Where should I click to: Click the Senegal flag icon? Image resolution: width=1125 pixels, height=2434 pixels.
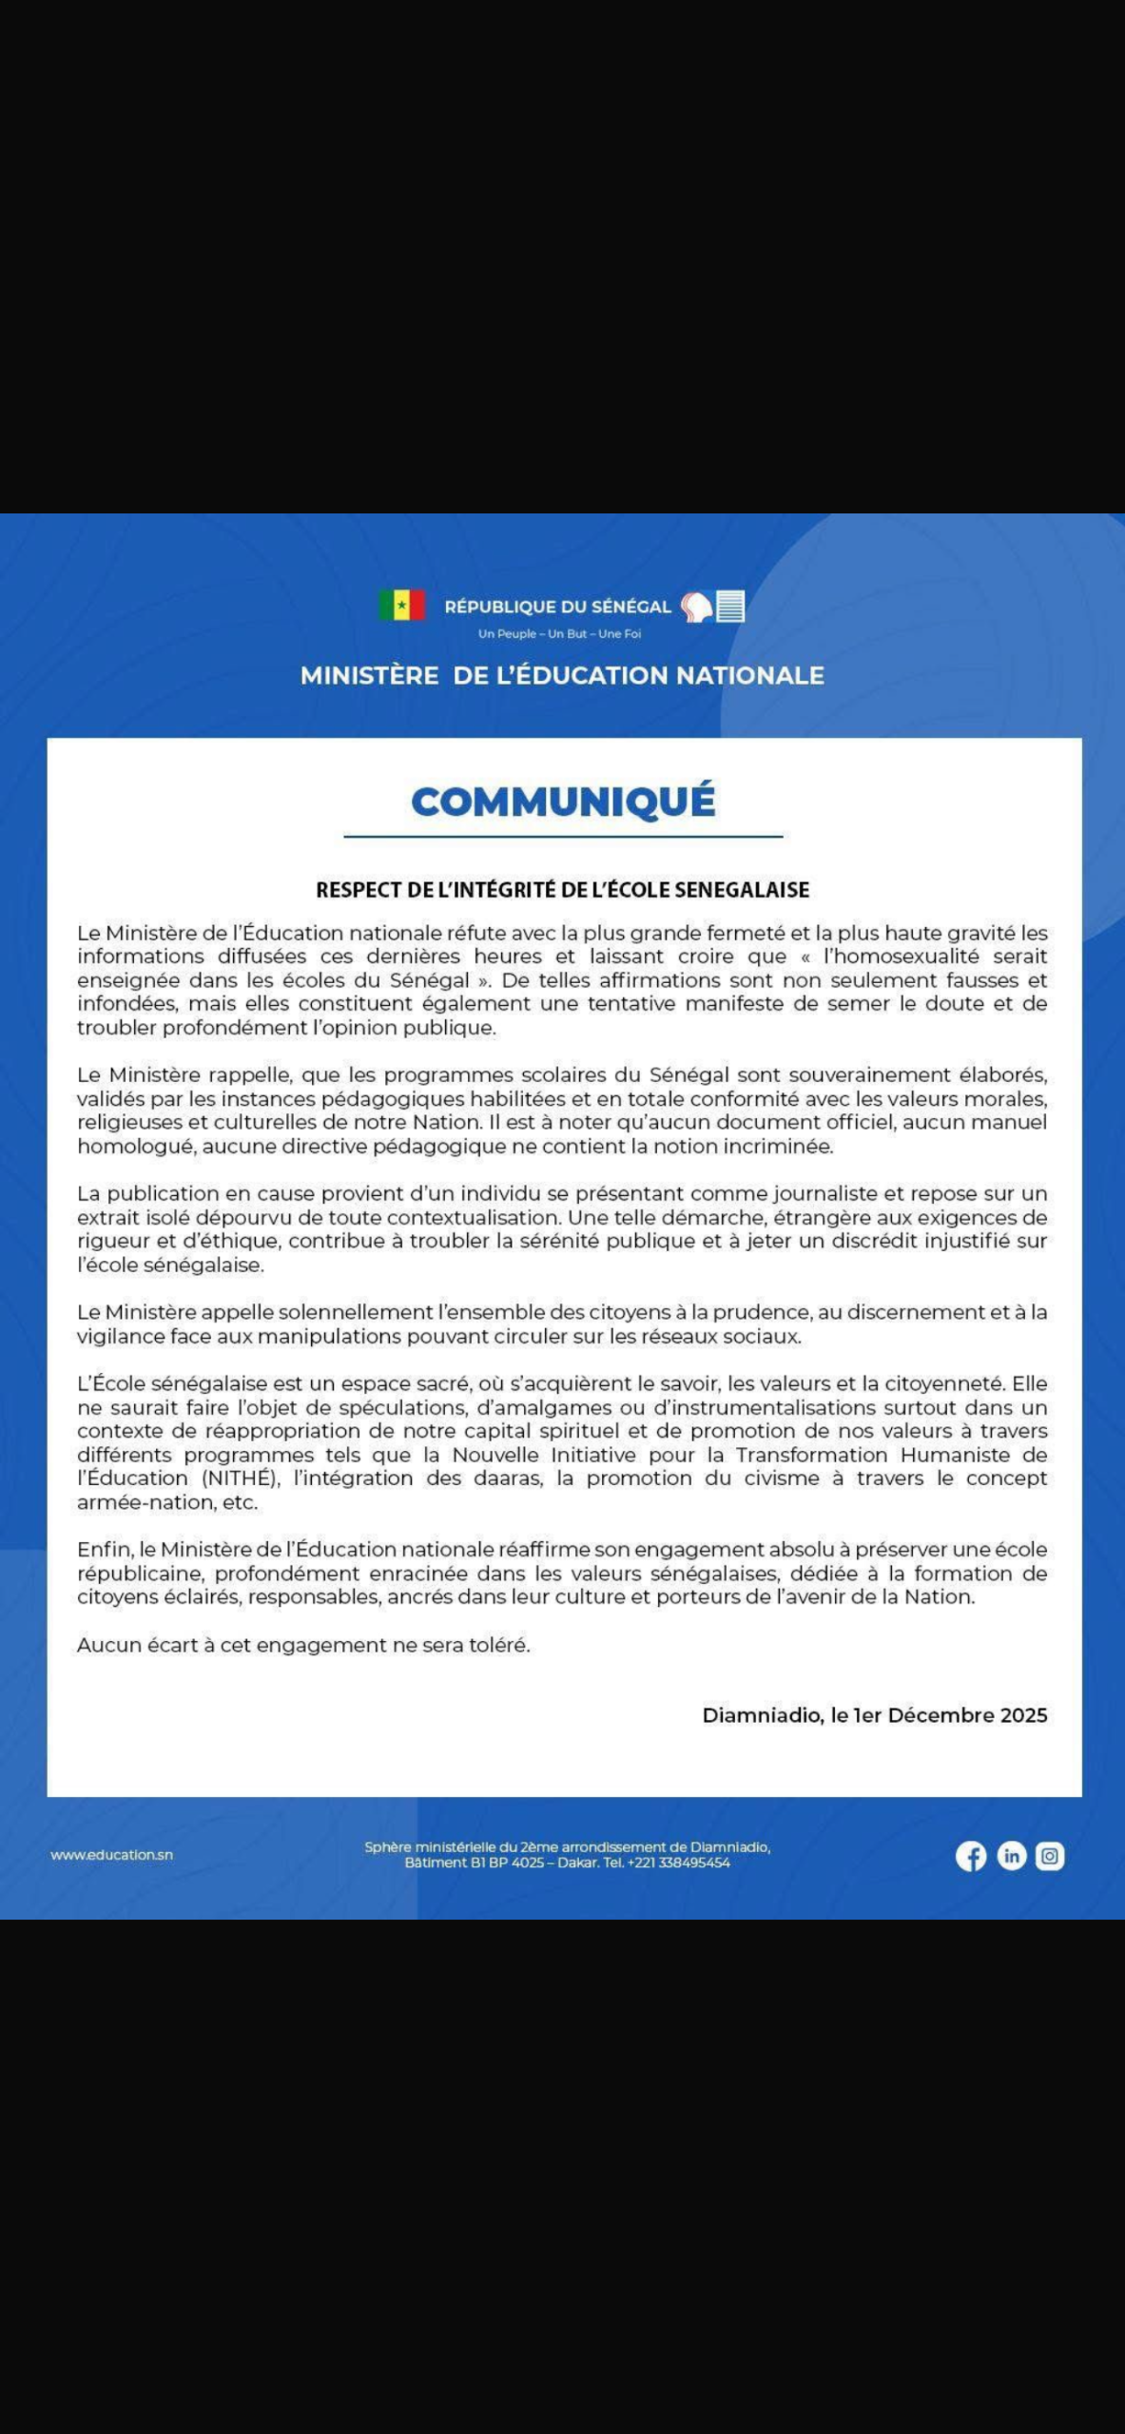pyautogui.click(x=401, y=606)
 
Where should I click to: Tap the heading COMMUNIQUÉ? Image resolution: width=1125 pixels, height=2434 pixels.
pyautogui.click(x=563, y=802)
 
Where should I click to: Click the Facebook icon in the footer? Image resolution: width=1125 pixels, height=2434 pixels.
pyautogui.click(x=971, y=1856)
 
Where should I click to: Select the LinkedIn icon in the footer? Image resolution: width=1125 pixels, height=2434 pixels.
pyautogui.click(x=1011, y=1856)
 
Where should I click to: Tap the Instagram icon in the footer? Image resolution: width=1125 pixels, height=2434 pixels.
pyautogui.click(x=1050, y=1856)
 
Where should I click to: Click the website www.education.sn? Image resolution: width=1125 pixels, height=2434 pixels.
pyautogui.click(x=111, y=1855)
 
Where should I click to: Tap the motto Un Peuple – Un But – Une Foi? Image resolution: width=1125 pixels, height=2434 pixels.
pyautogui.click(x=559, y=634)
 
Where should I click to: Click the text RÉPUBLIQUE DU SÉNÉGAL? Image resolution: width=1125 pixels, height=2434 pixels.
pyautogui.click(x=557, y=607)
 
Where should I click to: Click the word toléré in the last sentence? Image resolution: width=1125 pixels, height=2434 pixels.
pyautogui.click(x=496, y=1645)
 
